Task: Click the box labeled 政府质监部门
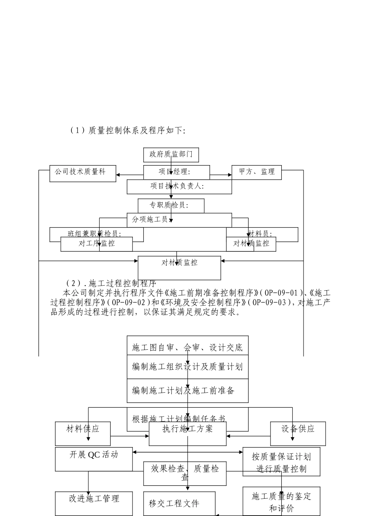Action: pos(171,155)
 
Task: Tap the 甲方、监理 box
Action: pos(256,172)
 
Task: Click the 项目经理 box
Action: pos(176,172)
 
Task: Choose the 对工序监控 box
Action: pos(96,244)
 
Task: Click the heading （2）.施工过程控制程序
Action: pos(111,284)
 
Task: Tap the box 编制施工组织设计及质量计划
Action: pos(187,367)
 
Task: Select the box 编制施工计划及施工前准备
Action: pos(187,391)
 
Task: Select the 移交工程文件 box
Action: pos(179,503)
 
